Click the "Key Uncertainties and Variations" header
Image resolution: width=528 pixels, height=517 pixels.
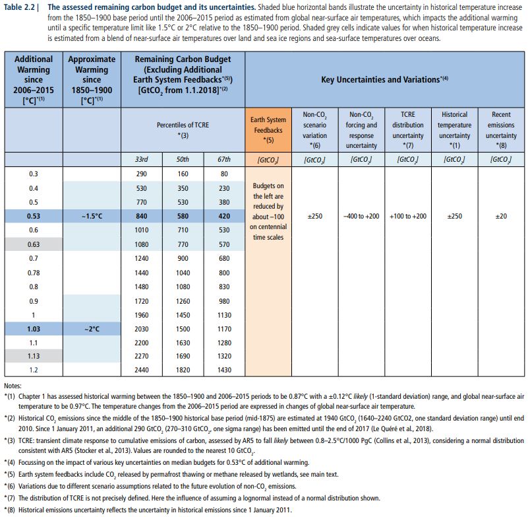[385, 79]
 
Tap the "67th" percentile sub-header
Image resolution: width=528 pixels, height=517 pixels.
[224, 159]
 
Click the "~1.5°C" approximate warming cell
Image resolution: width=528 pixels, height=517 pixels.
[92, 216]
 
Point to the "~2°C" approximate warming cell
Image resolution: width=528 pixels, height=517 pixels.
[92, 328]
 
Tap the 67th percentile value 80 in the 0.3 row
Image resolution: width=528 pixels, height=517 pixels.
[224, 174]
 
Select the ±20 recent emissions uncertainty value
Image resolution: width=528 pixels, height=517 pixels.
[501, 216]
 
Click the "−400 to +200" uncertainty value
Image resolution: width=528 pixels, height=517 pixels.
[361, 216]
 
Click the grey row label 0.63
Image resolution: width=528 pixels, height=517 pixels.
[34, 244]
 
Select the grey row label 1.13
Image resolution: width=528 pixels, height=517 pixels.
[34, 356]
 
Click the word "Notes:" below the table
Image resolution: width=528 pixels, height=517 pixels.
[13, 385]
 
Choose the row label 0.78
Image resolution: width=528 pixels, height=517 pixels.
[34, 272]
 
